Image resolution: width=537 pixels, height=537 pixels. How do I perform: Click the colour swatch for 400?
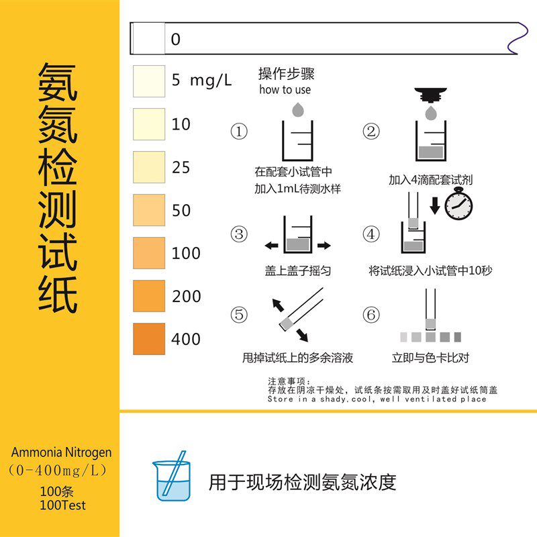click(x=148, y=338)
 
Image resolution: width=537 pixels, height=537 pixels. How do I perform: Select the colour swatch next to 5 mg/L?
click(x=148, y=81)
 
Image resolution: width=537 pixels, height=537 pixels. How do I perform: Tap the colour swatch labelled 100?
click(x=148, y=252)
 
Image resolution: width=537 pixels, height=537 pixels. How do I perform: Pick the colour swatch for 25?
click(x=148, y=166)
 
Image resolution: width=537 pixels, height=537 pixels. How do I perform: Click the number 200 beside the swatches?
click(x=186, y=296)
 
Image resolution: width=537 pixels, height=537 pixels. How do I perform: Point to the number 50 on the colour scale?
click(x=181, y=210)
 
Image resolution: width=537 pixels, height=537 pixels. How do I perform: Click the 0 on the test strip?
click(x=176, y=39)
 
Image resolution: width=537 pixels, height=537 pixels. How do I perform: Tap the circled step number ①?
click(x=238, y=132)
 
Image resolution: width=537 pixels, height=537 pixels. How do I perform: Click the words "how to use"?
click(x=285, y=90)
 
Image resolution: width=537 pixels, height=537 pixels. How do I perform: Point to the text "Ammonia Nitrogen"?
click(x=61, y=452)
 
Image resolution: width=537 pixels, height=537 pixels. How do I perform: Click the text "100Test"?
click(x=62, y=505)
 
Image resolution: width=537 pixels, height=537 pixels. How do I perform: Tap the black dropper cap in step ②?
click(x=432, y=93)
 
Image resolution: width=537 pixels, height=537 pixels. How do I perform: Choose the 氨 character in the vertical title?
click(x=58, y=84)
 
